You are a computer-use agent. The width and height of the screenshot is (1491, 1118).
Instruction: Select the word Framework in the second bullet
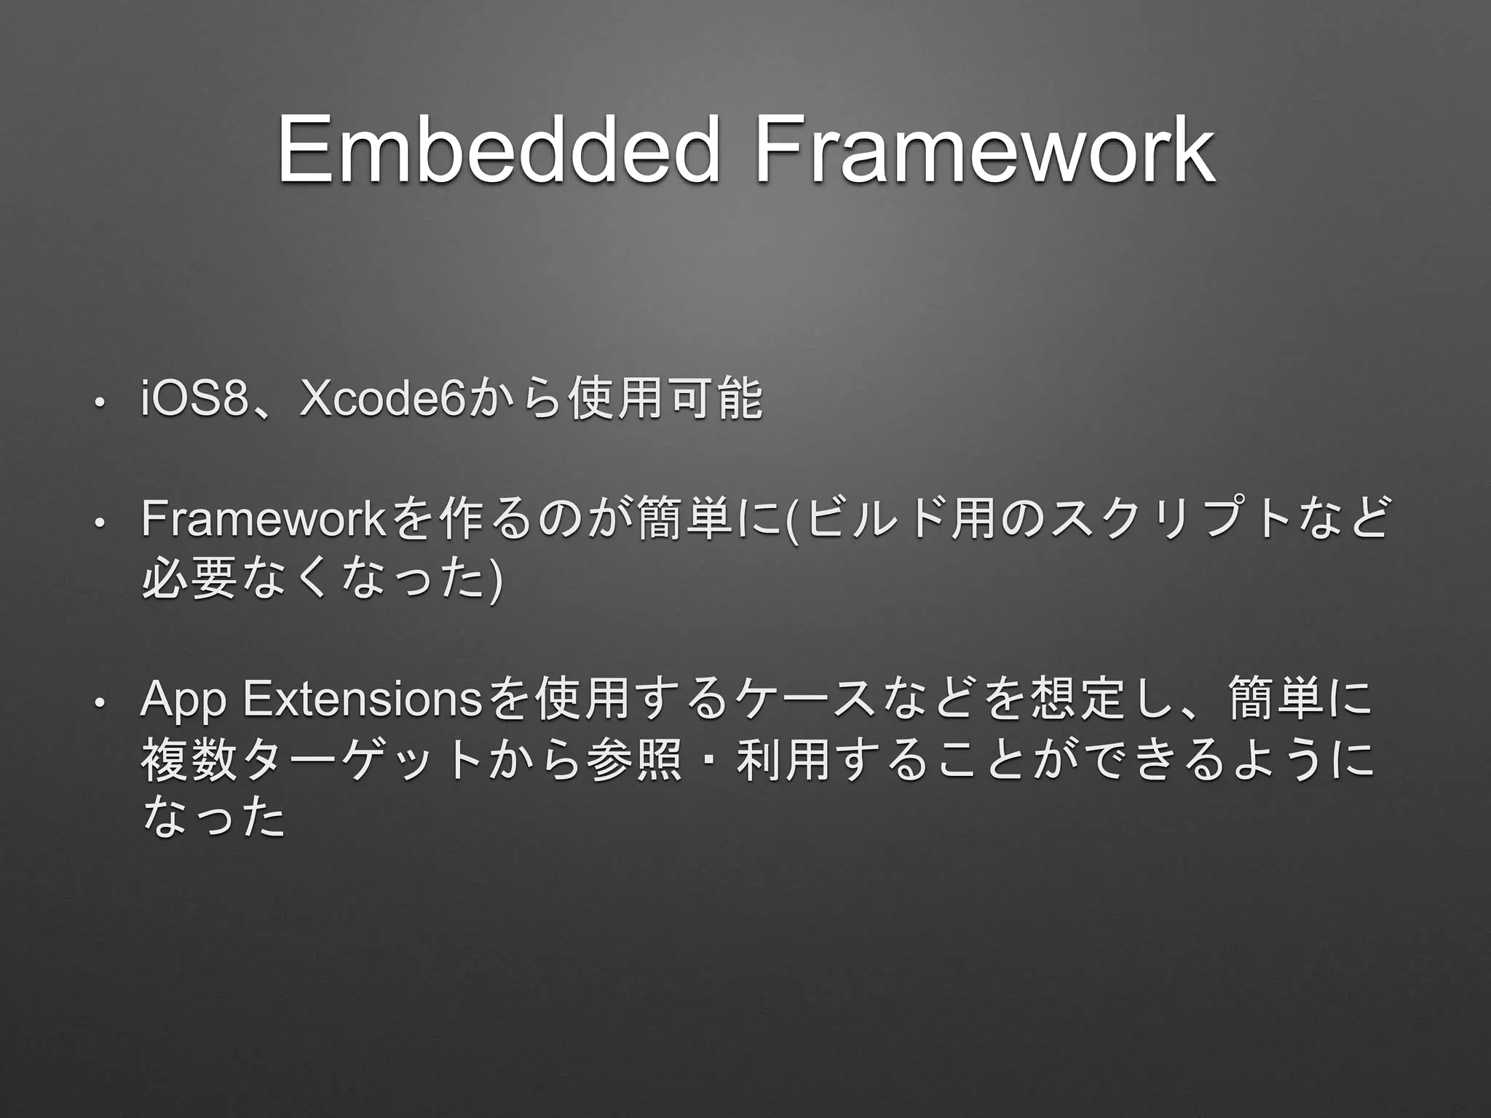262,520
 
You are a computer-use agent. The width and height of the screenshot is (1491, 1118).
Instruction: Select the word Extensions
361,699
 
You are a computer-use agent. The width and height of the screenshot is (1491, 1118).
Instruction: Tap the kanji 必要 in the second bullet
188,579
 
